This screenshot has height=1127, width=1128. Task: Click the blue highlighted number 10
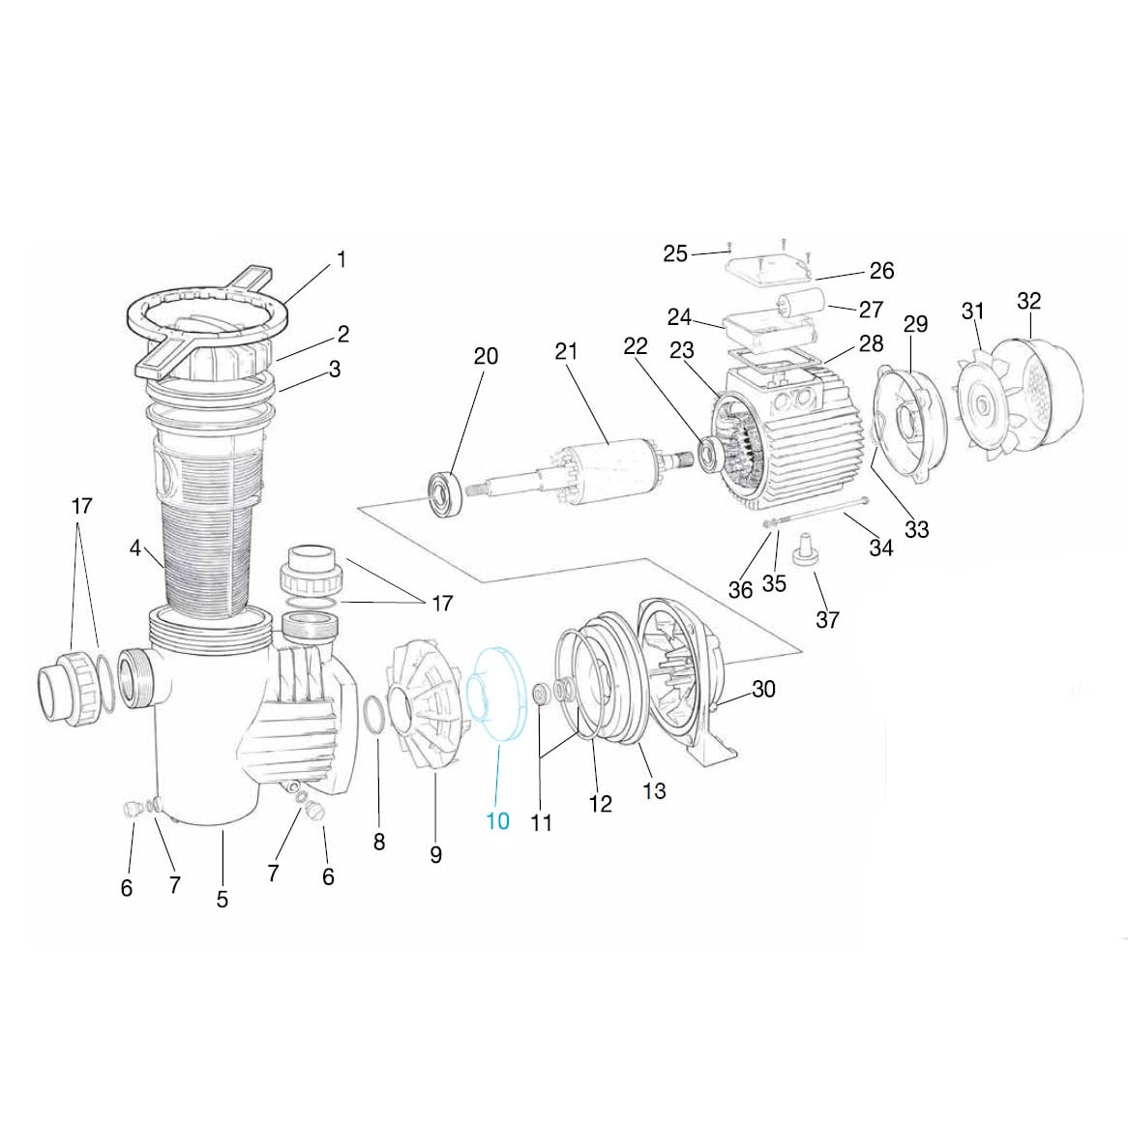[x=497, y=821]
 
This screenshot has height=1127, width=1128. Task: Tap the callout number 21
[x=566, y=351]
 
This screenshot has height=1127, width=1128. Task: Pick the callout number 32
[x=1028, y=301]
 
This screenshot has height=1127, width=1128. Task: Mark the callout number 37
[x=827, y=619]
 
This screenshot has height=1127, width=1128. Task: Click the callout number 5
[x=223, y=900]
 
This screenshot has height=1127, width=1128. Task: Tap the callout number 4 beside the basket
[x=134, y=549]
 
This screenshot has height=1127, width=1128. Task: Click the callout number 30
[x=763, y=689]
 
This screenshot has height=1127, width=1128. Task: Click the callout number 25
[x=674, y=253]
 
